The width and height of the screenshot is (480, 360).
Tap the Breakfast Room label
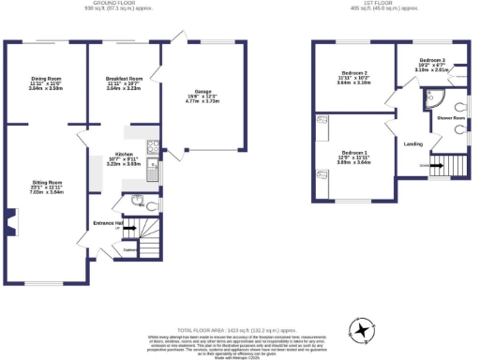(x=123, y=79)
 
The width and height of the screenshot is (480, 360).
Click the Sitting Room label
(x=43, y=181)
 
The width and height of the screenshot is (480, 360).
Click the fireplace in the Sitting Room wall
(x=11, y=222)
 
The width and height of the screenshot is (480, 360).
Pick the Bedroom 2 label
(x=353, y=73)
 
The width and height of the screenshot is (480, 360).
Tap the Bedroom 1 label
(x=353, y=153)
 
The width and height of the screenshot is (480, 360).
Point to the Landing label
(x=412, y=143)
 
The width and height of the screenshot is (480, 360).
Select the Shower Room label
(x=450, y=118)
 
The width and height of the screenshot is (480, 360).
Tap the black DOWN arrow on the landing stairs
(x=435, y=166)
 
